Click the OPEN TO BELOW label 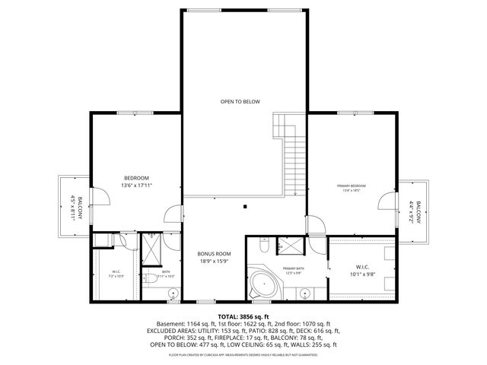[240, 101]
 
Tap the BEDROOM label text [136, 177]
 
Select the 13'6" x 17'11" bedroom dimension [136, 186]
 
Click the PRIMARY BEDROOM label [352, 186]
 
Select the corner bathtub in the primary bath [262, 286]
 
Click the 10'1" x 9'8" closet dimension [362, 275]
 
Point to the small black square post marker [245, 205]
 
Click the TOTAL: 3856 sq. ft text [243, 316]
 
